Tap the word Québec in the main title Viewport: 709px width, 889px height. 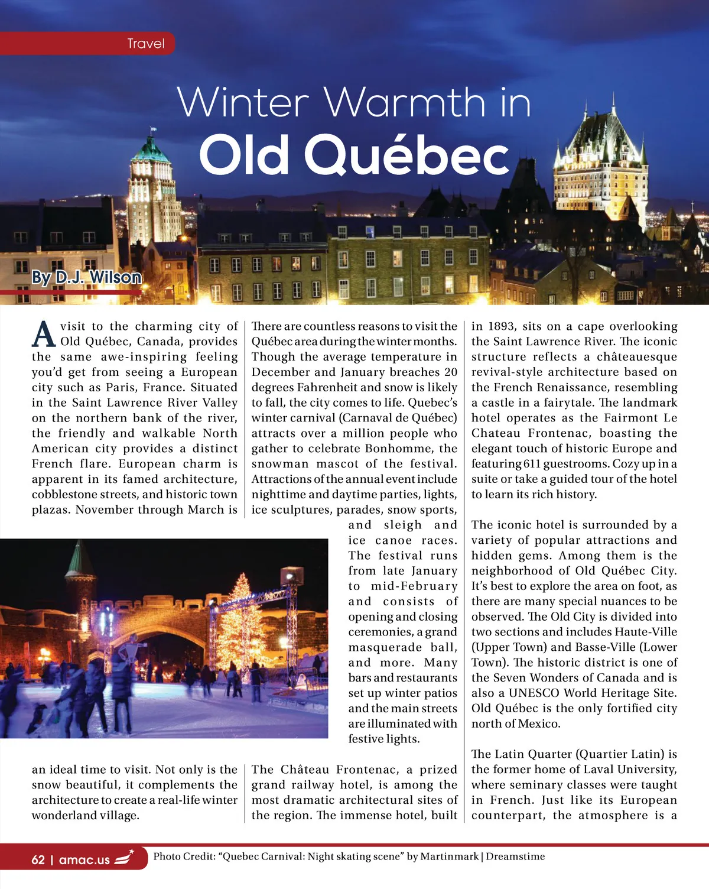click(x=407, y=155)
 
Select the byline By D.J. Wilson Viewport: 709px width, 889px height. click(x=86, y=277)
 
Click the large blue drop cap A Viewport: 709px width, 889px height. click(x=44, y=334)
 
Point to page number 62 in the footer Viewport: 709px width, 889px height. click(x=38, y=859)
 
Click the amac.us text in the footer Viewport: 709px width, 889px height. click(x=84, y=859)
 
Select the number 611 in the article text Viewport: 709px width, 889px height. click(x=532, y=464)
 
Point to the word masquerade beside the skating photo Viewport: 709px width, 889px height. click(x=385, y=647)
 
